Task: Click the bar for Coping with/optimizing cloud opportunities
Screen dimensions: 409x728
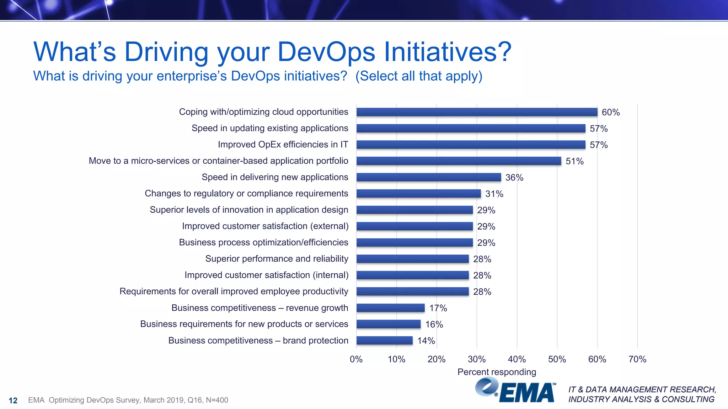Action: click(477, 112)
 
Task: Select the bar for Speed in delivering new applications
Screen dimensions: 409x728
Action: click(429, 177)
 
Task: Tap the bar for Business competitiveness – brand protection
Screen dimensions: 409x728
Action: click(385, 340)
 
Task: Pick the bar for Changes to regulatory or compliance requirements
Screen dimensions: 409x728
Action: click(418, 193)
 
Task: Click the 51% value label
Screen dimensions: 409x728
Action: click(574, 161)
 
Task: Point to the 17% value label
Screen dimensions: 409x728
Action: click(438, 308)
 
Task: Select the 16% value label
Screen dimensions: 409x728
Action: click(434, 325)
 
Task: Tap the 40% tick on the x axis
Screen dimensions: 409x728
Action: click(517, 359)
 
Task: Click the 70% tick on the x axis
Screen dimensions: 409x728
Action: click(637, 359)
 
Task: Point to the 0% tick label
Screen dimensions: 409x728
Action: click(356, 359)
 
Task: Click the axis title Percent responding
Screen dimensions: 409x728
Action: click(497, 372)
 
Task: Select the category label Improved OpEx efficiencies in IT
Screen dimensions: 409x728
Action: click(283, 144)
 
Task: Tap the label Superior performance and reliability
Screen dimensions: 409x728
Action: click(277, 259)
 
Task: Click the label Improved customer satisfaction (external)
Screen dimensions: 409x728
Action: click(265, 226)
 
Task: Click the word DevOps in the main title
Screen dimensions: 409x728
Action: click(326, 52)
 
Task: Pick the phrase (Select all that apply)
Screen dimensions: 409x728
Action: click(419, 76)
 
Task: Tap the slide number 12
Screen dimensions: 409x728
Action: click(13, 400)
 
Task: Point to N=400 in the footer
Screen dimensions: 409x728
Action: click(217, 400)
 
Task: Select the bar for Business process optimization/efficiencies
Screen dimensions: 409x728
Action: click(414, 242)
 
